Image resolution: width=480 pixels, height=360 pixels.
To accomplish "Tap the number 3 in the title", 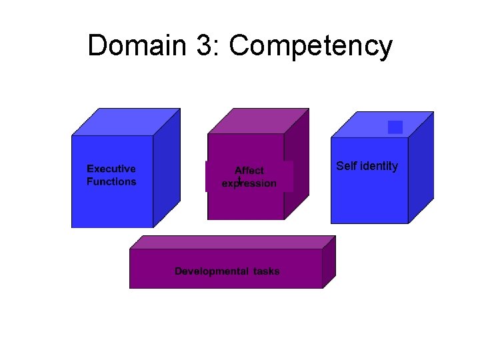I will coord(208,46).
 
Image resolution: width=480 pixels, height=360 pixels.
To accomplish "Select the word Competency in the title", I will coord(311,47).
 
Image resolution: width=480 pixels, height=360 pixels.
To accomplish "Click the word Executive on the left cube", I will coord(111,169).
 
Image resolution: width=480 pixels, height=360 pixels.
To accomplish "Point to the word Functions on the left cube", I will coord(111,181).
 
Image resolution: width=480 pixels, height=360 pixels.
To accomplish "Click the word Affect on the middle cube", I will coord(249,171).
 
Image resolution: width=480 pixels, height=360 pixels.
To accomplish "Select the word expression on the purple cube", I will coord(249,183).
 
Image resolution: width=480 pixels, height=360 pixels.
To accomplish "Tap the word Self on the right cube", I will coord(347,166).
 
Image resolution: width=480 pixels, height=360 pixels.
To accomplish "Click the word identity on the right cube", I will coord(379,166).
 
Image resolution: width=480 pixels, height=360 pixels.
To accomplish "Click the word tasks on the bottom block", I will coord(267,271).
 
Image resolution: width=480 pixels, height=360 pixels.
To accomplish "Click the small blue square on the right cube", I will coord(395,127).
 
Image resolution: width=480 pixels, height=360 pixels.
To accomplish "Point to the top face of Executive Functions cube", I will coord(127,122).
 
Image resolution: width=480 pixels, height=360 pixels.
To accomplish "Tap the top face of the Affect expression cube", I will coord(259,121).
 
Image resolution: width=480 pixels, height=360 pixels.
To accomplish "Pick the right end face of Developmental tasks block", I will coord(329,261).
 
